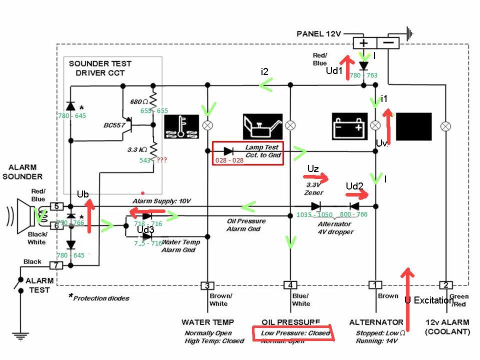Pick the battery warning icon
tap(350, 126)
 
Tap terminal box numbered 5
tap(57, 206)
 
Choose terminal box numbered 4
tap(290, 285)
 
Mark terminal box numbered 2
tap(445, 285)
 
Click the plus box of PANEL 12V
tap(364, 43)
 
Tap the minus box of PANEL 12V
tap(390, 43)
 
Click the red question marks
tap(161, 160)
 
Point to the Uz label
tap(313, 169)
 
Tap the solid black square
tap(413, 126)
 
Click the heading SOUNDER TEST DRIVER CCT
tap(100, 68)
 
